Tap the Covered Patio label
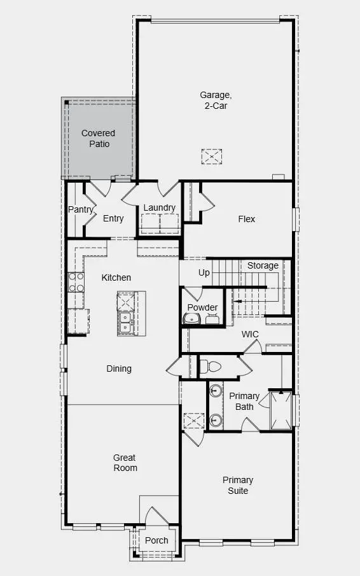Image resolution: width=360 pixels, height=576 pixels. [99, 138]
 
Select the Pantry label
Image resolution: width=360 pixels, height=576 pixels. [81, 209]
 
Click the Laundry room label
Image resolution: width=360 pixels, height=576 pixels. [159, 207]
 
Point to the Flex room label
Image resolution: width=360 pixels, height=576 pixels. [247, 219]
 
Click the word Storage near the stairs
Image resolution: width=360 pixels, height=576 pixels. [263, 265]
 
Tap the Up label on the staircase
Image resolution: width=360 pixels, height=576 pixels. [204, 272]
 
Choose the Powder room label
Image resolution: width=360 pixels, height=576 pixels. [203, 307]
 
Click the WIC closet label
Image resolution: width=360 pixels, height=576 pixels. [250, 334]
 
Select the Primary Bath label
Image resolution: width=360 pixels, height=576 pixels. [244, 401]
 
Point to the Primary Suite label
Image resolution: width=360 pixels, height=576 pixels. [238, 485]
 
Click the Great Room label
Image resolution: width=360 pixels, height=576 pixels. [125, 463]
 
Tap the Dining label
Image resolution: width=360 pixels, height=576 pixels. [119, 369]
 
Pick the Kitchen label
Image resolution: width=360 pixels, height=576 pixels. [116, 277]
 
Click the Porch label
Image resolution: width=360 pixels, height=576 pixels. [156, 540]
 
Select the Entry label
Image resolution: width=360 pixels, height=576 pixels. [113, 219]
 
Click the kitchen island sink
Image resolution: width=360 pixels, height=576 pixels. [125, 322]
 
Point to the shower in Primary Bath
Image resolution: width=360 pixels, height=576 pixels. [280, 411]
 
